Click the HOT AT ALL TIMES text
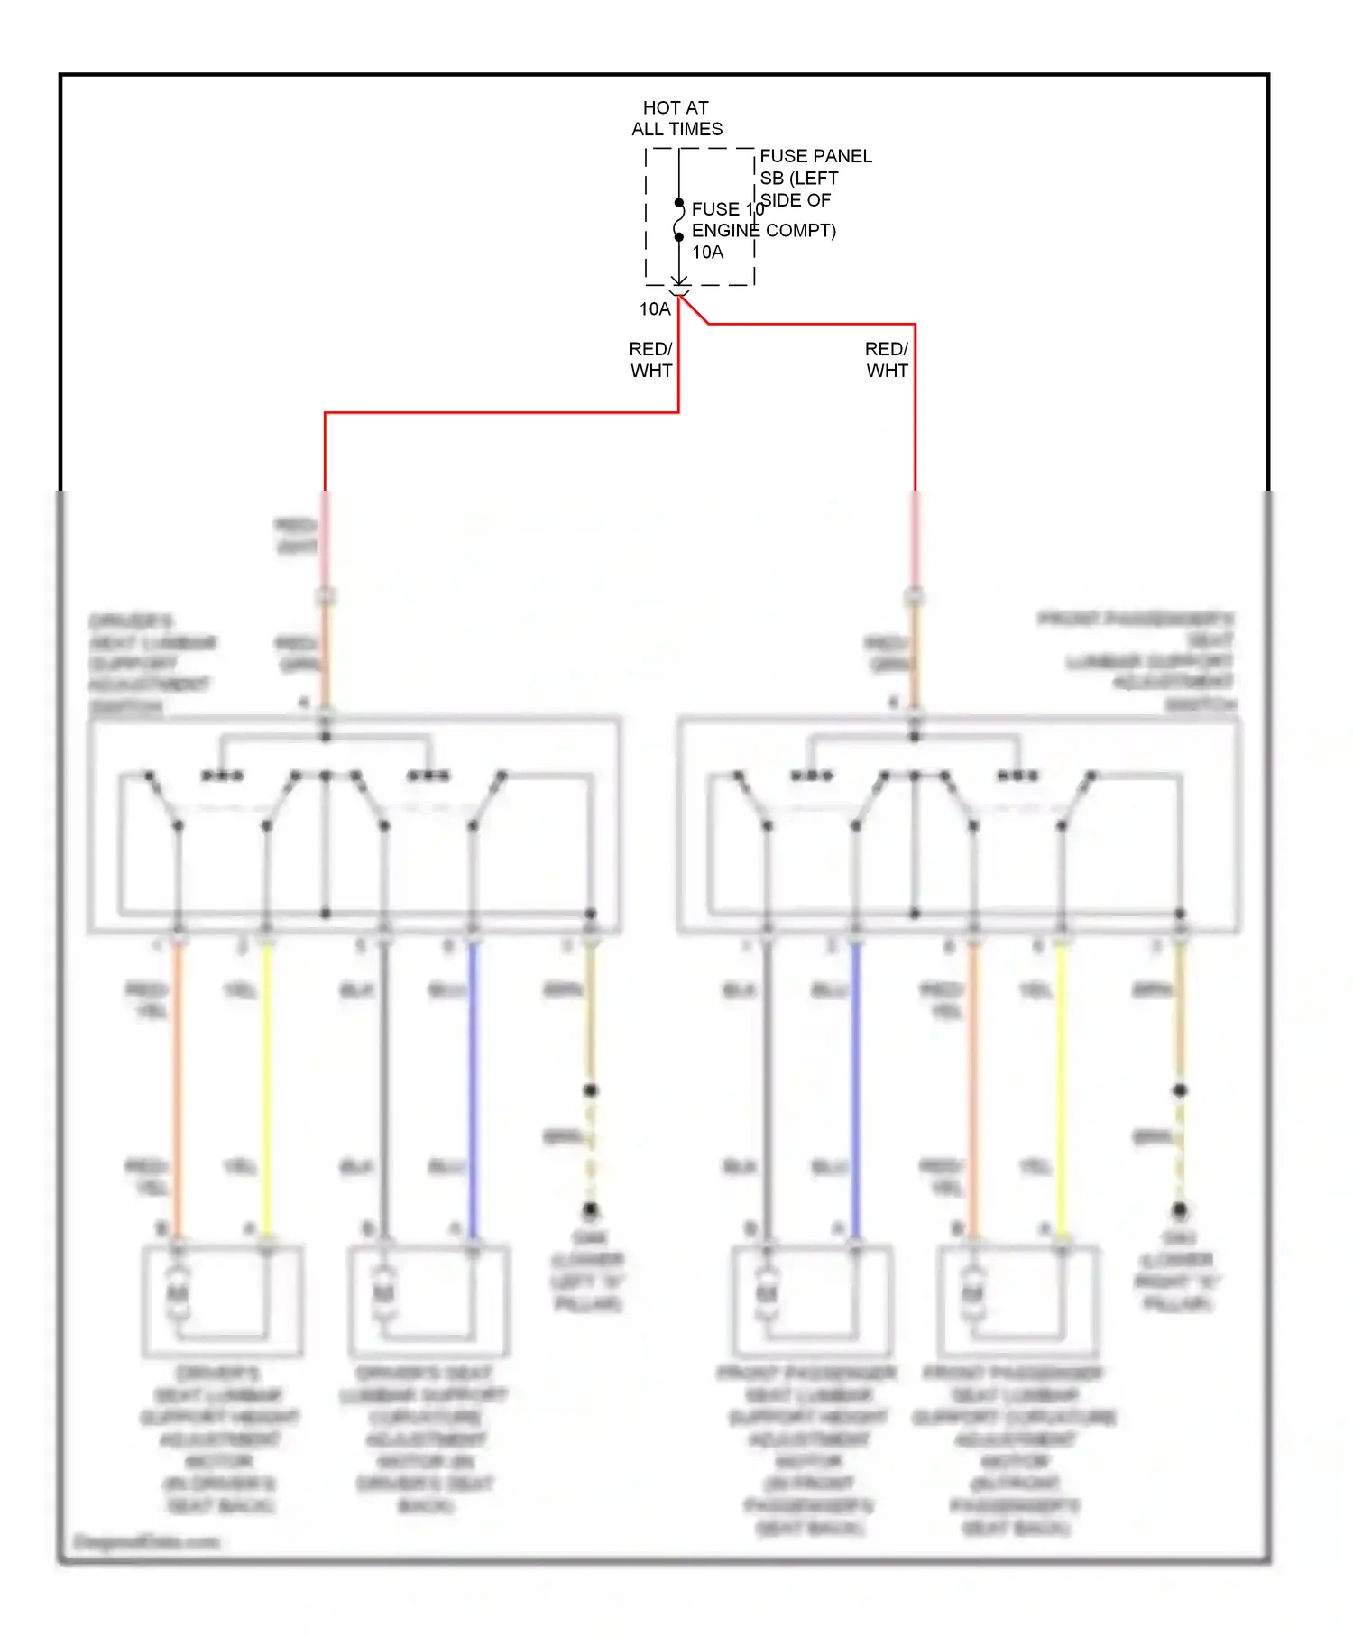tap(676, 118)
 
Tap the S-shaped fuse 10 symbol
tap(678, 220)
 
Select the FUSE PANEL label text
tap(815, 156)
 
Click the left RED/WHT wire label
tap(650, 360)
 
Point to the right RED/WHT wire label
tap(886, 360)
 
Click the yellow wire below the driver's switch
tap(266, 1082)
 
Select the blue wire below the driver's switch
tap(473, 1082)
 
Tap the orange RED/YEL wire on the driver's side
tap(178, 1082)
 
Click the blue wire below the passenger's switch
tap(856, 1082)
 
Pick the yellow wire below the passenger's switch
tap(1062, 1082)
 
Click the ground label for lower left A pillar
tap(588, 1270)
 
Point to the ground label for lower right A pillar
tap(1177, 1270)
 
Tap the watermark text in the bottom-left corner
tap(146, 1541)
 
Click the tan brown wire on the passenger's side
tap(1179, 1019)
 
